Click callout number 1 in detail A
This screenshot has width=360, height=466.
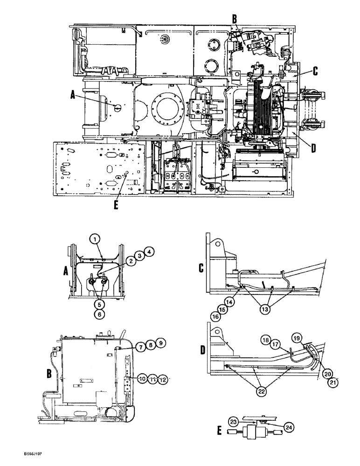(95, 239)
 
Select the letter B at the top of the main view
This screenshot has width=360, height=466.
(235, 19)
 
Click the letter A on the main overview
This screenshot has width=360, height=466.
(72, 95)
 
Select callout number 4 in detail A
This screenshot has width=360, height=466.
(149, 252)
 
